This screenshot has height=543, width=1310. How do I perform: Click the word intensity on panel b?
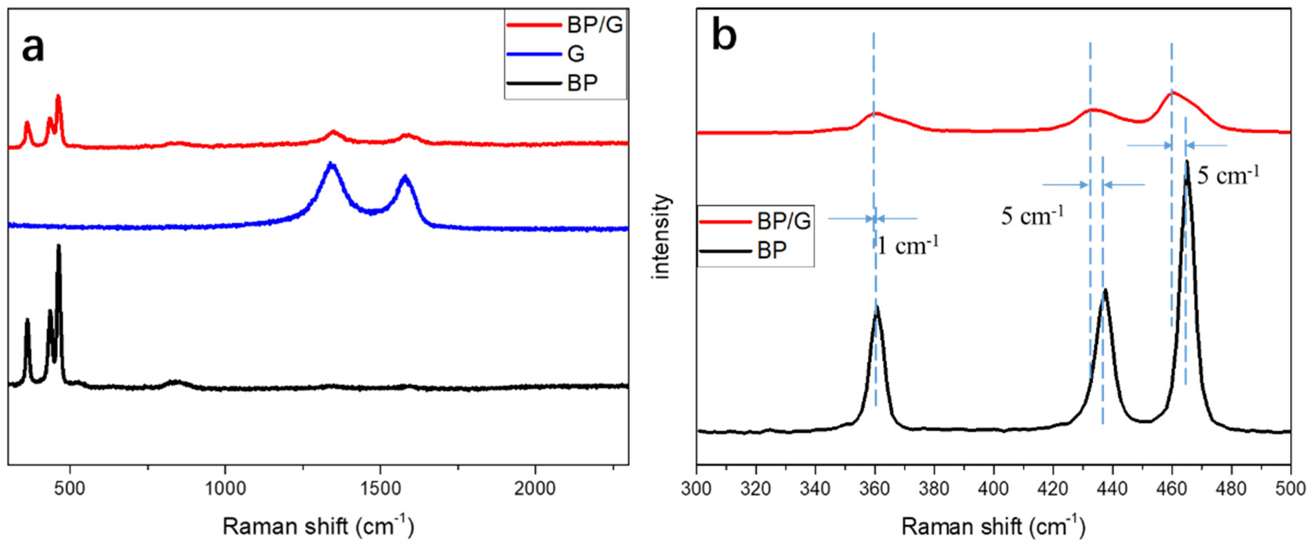(662, 236)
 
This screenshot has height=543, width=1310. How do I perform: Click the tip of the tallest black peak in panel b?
(1186, 161)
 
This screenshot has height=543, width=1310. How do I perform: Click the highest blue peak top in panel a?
(331, 164)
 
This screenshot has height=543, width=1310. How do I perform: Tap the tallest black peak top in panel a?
(58, 246)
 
